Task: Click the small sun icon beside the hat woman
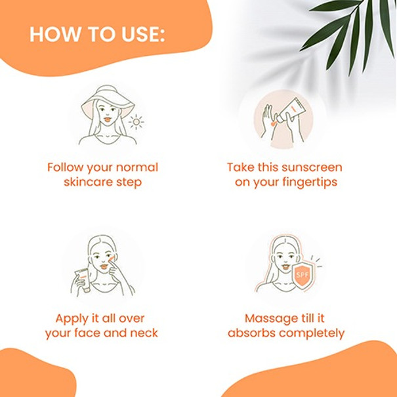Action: [x=136, y=122]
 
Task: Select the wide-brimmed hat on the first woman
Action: [x=108, y=101]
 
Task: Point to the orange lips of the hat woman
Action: [x=108, y=119]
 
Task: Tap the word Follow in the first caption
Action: [x=65, y=167]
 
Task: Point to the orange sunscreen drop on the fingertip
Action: [x=273, y=124]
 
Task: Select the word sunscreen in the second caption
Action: [x=312, y=167]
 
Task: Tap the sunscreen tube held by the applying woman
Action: [x=83, y=280]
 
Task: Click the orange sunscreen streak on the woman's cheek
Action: [x=112, y=259]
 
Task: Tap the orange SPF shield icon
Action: [x=303, y=276]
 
